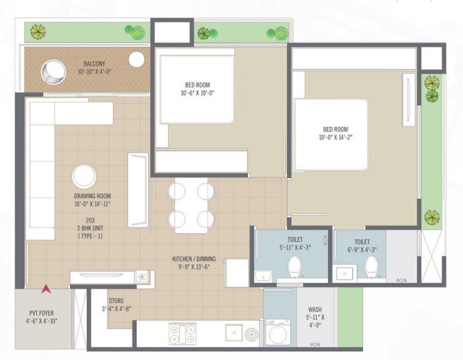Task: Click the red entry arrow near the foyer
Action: click(45, 289)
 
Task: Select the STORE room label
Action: click(116, 301)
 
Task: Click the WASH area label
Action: click(315, 309)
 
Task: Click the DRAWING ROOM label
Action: click(92, 196)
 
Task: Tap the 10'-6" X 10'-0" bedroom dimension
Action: click(197, 94)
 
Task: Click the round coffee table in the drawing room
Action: click(84, 176)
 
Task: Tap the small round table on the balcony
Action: click(137, 59)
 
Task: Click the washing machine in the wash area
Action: click(277, 332)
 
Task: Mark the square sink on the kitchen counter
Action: click(234, 332)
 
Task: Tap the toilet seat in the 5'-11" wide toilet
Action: click(294, 267)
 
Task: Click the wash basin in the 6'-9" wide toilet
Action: click(343, 272)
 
